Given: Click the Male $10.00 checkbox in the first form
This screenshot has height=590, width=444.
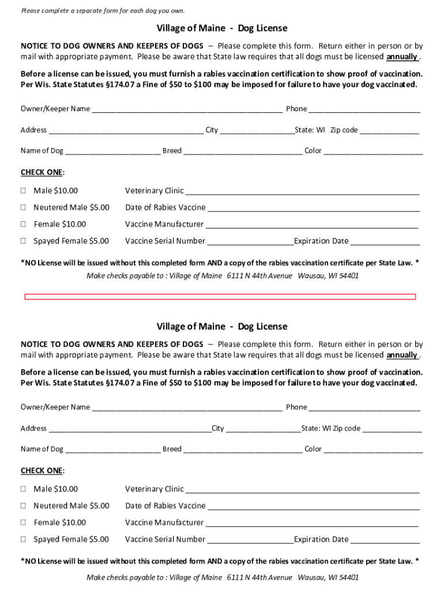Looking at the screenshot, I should pyautogui.click(x=24, y=191).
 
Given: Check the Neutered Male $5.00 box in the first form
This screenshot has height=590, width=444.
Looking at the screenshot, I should pyautogui.click(x=24, y=207).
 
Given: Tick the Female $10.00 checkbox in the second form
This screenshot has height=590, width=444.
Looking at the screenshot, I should pyautogui.click(x=24, y=523).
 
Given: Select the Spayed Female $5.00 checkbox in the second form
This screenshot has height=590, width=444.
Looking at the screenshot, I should pyautogui.click(x=24, y=539).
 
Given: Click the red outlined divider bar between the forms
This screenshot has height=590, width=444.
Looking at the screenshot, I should pyautogui.click(x=220, y=297).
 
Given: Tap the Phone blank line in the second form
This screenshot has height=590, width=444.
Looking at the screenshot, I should pyautogui.click(x=364, y=408).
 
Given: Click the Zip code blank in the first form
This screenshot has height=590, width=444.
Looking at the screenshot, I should pyautogui.click(x=389, y=131).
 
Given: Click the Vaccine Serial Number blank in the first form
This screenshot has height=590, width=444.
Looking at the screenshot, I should pyautogui.click(x=250, y=242).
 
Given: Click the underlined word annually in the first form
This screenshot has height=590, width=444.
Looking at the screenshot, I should pyautogui.click(x=402, y=56).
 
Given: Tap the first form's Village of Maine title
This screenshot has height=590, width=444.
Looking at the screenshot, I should pyautogui.click(x=221, y=28).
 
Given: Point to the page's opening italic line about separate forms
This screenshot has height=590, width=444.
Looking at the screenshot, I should pyautogui.click(x=103, y=11).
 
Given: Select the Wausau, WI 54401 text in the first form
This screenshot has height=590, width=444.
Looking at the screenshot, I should pyautogui.click(x=328, y=275).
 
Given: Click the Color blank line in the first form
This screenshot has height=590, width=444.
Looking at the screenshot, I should pyautogui.click(x=373, y=152).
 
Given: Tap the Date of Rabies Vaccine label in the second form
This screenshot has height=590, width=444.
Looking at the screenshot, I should pyautogui.click(x=165, y=506).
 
